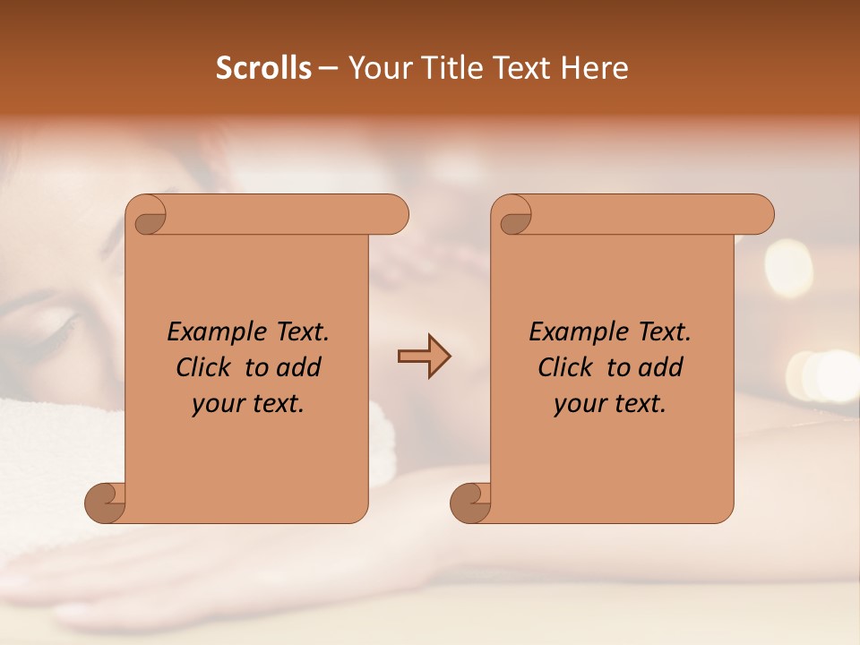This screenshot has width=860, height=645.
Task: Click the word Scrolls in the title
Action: pos(264,68)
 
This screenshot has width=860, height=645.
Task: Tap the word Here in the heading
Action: pos(594,68)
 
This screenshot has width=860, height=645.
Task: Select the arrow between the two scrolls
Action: pos(424,357)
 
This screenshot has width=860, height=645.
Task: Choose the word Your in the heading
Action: pos(374,68)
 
